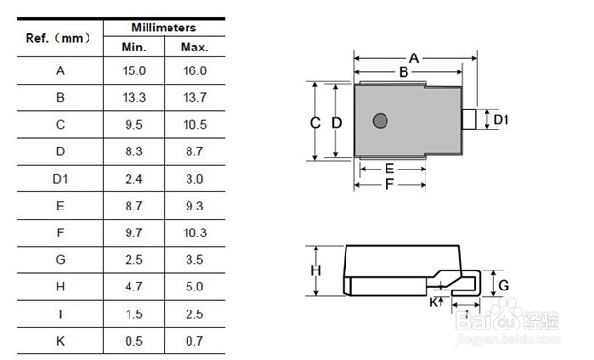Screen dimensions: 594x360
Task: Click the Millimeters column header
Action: [x=164, y=28]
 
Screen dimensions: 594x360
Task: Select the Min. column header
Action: [x=133, y=48]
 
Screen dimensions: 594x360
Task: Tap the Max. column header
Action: [x=194, y=48]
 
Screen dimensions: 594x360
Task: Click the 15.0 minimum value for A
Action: [x=133, y=70]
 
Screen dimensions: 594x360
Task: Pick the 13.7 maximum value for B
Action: [x=194, y=98]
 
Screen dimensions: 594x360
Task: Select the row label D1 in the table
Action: [x=60, y=179]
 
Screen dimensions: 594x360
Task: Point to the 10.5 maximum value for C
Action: [x=194, y=125]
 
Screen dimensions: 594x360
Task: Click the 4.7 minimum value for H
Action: [x=133, y=287]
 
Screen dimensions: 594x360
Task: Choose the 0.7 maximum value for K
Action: [x=194, y=341]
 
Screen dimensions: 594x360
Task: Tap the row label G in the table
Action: [x=60, y=260]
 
